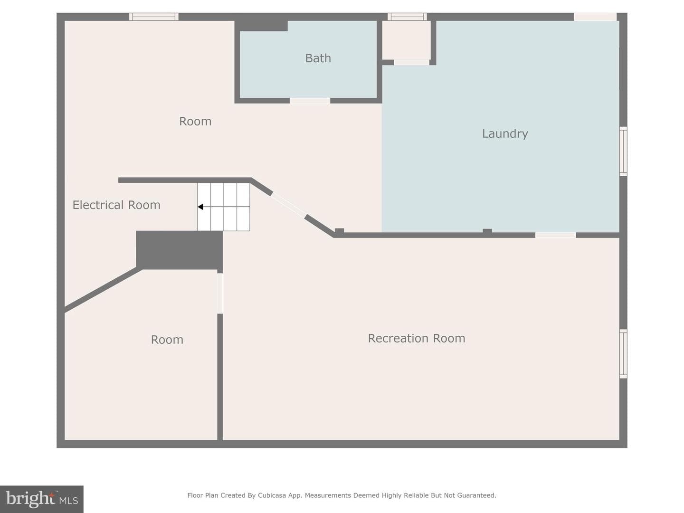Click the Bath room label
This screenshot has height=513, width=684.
[318, 58]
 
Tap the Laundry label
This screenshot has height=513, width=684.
[505, 134]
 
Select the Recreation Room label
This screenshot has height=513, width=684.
[417, 338]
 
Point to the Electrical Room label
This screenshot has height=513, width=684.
[116, 205]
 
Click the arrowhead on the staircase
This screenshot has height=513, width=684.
[200, 207]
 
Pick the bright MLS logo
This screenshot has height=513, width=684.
[42, 499]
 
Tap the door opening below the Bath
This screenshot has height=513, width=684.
[310, 101]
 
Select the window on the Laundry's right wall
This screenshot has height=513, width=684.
[623, 152]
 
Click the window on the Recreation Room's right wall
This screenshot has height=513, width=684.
[623, 354]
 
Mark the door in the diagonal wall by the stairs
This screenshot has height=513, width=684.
[288, 205]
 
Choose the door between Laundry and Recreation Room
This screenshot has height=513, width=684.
[555, 235]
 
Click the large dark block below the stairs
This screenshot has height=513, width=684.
[180, 250]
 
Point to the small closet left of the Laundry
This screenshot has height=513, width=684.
[406, 40]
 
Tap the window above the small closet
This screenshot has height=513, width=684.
[407, 17]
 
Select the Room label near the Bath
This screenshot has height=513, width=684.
[195, 122]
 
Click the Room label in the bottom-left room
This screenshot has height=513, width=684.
[167, 340]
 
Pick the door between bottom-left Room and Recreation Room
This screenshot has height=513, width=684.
[220, 293]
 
